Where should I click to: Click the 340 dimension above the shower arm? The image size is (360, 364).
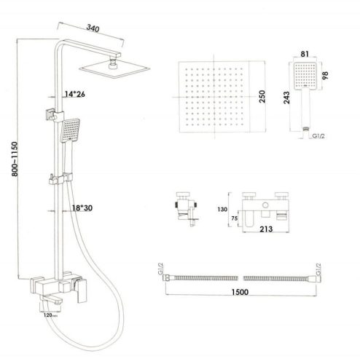tap(93, 28)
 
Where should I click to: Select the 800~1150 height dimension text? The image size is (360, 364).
tap(15, 159)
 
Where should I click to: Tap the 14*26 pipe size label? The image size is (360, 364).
tap(75, 94)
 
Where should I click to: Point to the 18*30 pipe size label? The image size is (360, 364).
tap(82, 208)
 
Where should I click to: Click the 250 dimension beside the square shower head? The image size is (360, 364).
tap(262, 96)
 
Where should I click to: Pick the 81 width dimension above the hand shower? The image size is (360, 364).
tap(305, 54)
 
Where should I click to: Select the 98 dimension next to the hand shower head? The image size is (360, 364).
tap(325, 75)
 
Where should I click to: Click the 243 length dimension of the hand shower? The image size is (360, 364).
tap(287, 98)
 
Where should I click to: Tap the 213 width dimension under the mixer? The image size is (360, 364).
tap(266, 229)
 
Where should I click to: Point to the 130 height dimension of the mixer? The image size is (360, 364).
tap(222, 209)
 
